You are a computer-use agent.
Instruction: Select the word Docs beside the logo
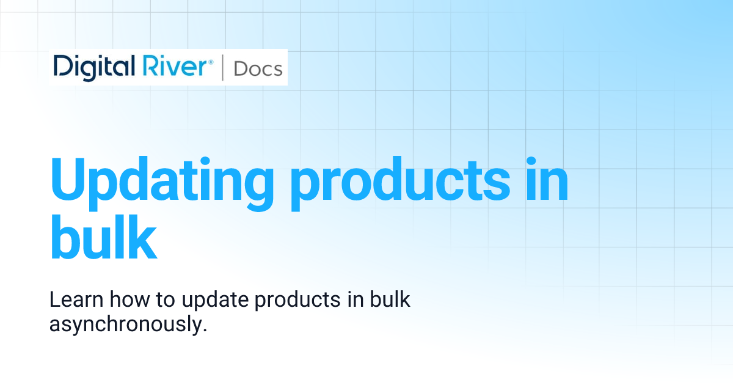(x=258, y=68)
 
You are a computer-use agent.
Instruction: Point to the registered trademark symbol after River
(x=211, y=61)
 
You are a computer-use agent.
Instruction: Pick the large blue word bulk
(x=103, y=235)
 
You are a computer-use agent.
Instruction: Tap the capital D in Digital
(x=62, y=67)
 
